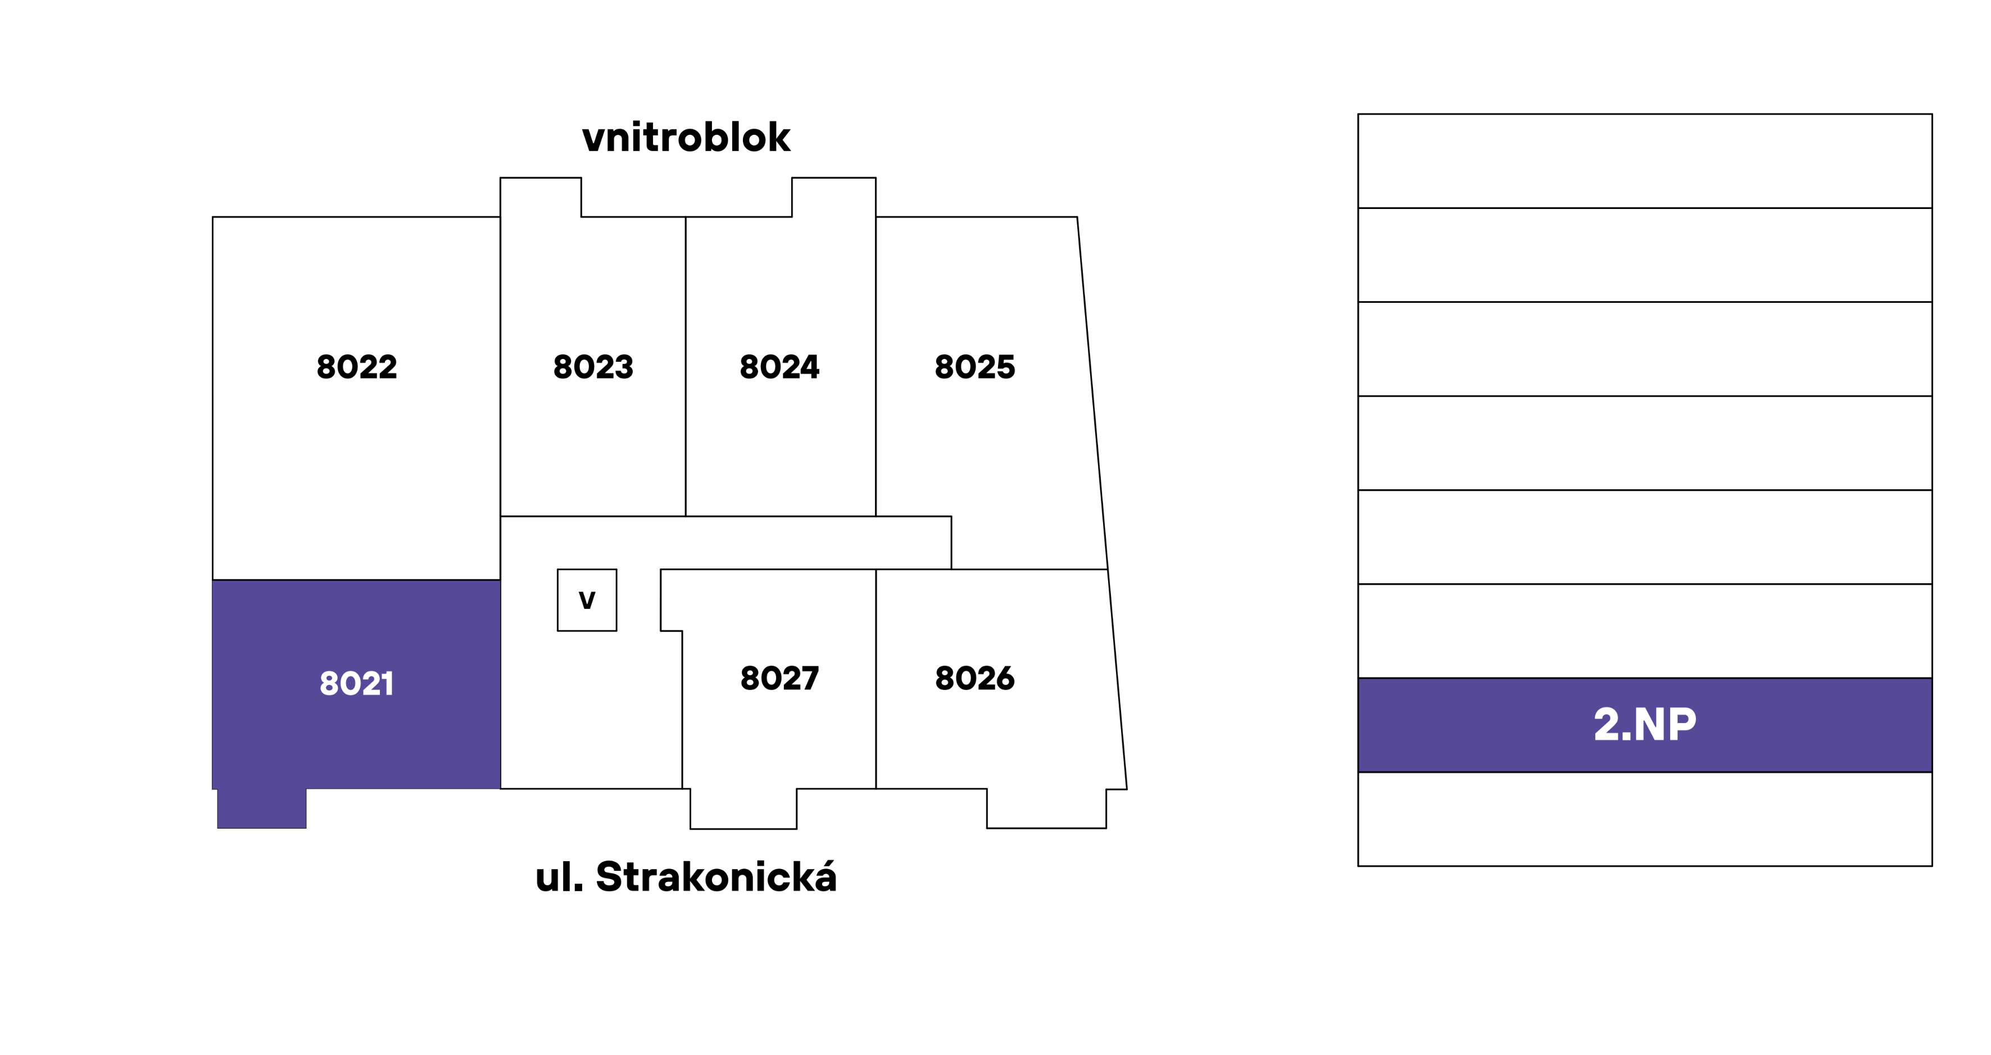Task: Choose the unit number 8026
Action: point(974,679)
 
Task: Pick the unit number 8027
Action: point(779,679)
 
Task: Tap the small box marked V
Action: point(587,601)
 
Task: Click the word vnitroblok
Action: point(686,138)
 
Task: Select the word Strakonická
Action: point(716,877)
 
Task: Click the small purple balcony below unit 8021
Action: point(261,808)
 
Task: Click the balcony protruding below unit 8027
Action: point(743,808)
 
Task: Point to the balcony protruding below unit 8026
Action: point(1046,808)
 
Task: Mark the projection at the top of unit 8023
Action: point(540,197)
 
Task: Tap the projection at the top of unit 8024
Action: point(833,197)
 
